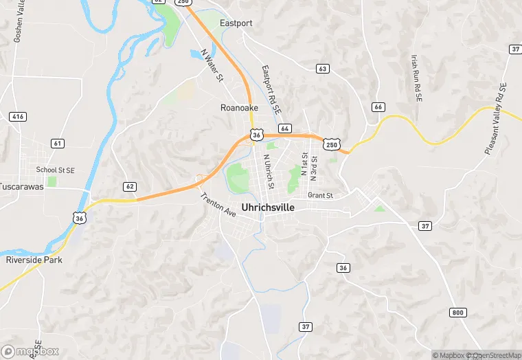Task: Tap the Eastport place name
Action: coord(236,23)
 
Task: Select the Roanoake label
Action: coord(239,108)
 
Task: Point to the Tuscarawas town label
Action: coord(25,186)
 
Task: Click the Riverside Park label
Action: coord(34,260)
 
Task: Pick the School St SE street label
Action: coord(55,170)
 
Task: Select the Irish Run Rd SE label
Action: coord(416,78)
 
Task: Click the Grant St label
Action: coord(320,196)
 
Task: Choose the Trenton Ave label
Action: coord(218,205)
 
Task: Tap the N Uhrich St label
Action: coord(269,172)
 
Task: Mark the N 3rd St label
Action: coord(313,168)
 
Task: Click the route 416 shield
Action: coord(18,117)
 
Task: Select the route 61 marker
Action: coord(58,143)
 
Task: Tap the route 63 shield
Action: coord(322,69)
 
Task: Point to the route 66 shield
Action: coord(378,106)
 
